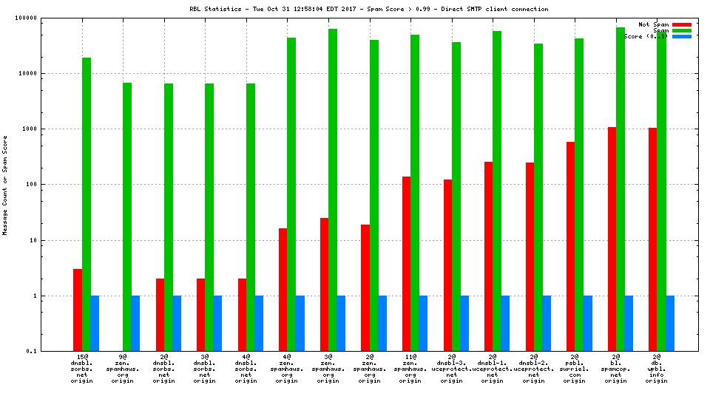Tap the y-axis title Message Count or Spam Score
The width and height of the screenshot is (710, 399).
point(6,185)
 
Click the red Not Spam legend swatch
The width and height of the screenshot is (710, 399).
point(681,24)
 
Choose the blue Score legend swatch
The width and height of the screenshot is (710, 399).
point(681,36)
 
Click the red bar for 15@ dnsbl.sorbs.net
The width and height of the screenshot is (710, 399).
point(78,310)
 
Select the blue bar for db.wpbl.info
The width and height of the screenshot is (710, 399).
point(670,323)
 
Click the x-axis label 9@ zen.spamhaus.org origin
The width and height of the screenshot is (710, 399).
point(123,368)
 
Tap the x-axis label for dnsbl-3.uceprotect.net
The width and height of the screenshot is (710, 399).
point(451,368)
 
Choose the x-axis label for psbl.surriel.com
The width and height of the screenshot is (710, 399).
point(575,368)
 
